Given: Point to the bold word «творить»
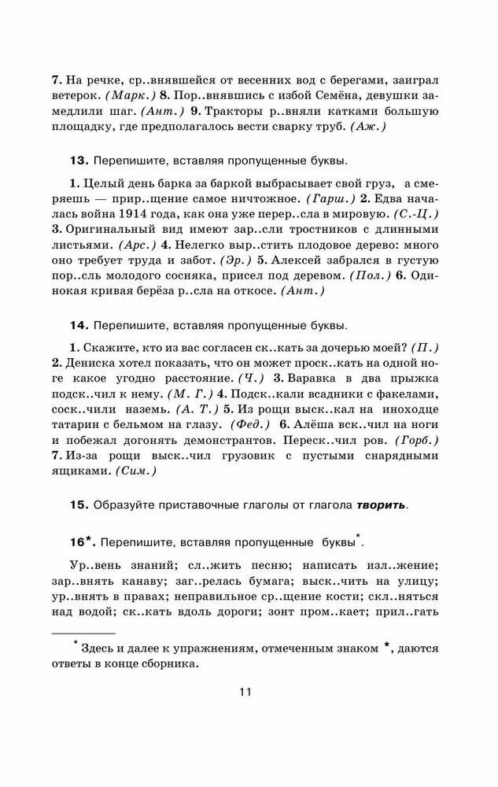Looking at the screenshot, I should pos(382,504).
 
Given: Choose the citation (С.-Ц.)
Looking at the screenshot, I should pos(415,213).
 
